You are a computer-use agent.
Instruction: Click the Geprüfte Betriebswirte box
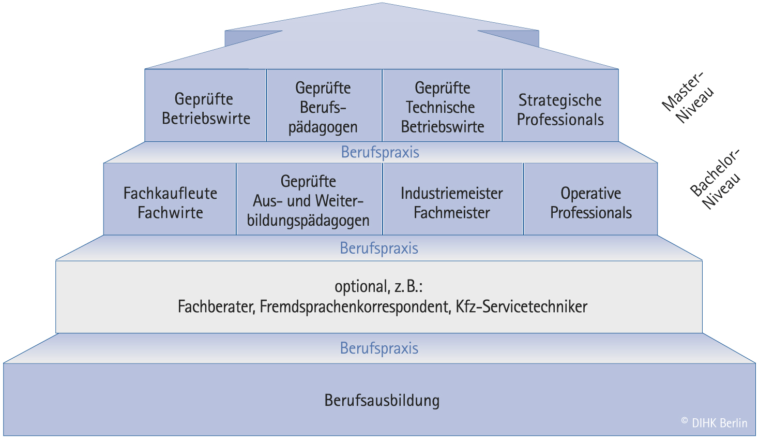206,108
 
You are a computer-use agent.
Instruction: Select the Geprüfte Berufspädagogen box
323,107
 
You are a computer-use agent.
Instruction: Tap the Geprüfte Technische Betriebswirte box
442,107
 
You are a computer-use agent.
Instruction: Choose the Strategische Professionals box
560,109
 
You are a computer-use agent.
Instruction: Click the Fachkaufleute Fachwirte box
170,202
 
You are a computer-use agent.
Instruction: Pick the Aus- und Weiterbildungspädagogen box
308,201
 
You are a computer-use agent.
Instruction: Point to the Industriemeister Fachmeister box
452,202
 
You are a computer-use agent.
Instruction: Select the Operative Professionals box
591,202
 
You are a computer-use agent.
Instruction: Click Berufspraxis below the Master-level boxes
380,152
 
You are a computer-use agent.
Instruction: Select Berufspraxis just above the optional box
379,248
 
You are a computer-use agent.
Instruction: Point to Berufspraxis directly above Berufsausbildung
379,348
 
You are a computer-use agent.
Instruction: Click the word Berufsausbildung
382,401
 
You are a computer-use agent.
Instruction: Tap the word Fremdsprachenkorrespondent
355,307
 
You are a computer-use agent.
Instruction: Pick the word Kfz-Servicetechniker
521,307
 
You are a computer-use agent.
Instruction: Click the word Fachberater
216,307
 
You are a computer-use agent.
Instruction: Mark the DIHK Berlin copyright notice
715,423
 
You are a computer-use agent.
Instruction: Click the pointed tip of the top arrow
382,5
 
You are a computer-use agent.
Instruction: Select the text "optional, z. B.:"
378,286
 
